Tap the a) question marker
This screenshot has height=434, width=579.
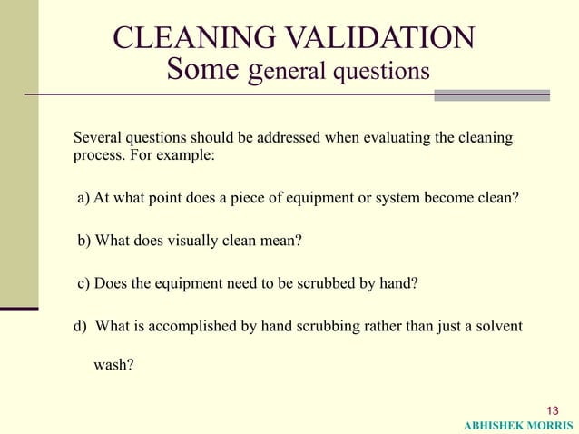pyautogui.click(x=83, y=199)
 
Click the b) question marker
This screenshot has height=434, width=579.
pyautogui.click(x=83, y=242)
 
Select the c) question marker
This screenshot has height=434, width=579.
pyautogui.click(x=83, y=283)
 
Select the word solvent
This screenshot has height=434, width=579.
pyautogui.click(x=496, y=326)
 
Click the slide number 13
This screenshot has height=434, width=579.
pyautogui.click(x=554, y=409)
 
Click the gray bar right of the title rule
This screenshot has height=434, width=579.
pyautogui.click(x=492, y=94)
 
